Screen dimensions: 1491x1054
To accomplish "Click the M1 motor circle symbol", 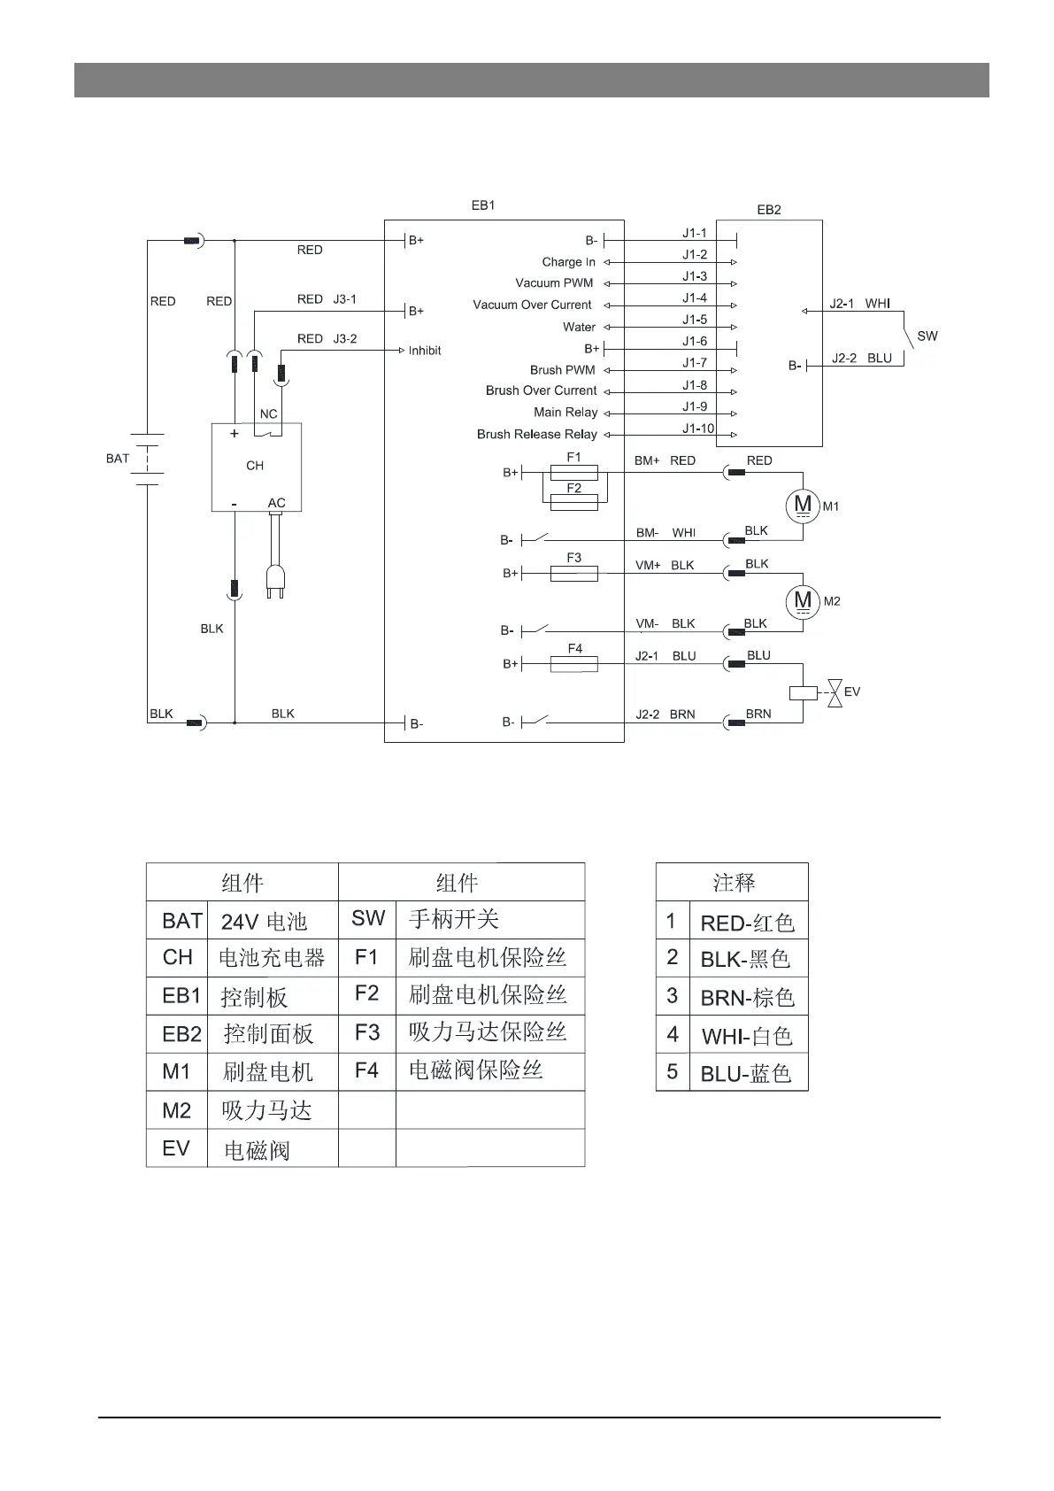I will [x=803, y=506].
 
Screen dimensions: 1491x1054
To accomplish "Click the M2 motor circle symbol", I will [x=803, y=601].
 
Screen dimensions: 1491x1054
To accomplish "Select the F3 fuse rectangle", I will [x=573, y=574].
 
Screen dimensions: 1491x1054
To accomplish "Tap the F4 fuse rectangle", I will [x=573, y=664].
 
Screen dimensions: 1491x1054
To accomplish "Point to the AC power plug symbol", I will [x=275, y=580].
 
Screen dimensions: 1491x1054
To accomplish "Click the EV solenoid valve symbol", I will [x=833, y=692].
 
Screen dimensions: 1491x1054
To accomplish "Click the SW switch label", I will [x=927, y=336].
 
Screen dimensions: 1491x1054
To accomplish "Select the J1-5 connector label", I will [x=695, y=320].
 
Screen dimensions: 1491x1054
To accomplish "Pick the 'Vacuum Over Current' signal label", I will [x=532, y=305].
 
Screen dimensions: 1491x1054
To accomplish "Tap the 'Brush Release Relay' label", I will [x=536, y=434].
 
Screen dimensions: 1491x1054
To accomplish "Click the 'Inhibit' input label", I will [x=425, y=351].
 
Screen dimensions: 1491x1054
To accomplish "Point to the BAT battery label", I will [x=118, y=459].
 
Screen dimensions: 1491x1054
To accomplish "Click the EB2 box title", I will [x=769, y=210].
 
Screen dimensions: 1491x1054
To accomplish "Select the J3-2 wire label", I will [x=345, y=339].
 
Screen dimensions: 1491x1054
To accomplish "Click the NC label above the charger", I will [x=268, y=413].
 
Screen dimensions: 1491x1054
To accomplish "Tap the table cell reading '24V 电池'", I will [x=264, y=922].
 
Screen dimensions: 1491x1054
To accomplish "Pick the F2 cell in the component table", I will [x=366, y=994].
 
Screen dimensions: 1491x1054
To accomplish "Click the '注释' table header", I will [x=733, y=883].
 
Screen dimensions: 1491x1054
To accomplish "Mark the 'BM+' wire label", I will [x=647, y=460].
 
